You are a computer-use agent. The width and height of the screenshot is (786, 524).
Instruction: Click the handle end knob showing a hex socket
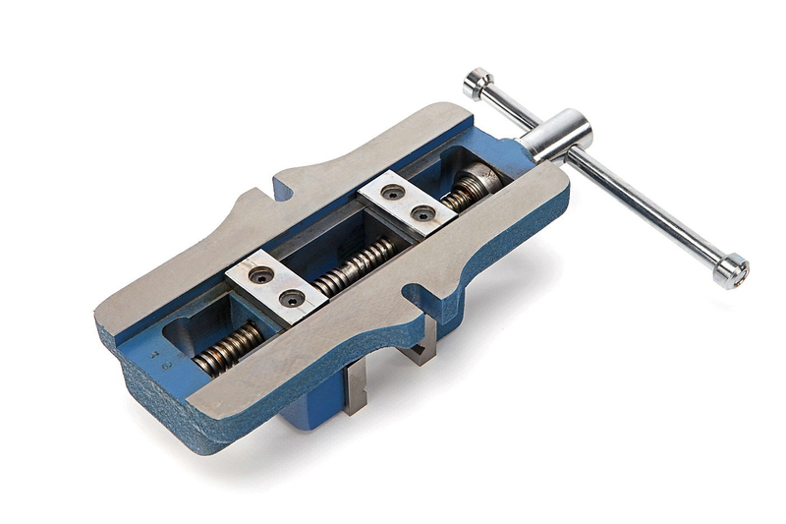pos(731,270)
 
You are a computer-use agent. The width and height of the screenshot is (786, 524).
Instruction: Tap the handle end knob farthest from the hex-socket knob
pos(478,83)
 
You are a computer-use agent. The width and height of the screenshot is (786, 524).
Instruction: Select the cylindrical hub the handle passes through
pos(558,135)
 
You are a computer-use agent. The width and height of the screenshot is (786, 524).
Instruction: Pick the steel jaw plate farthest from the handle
pos(275,285)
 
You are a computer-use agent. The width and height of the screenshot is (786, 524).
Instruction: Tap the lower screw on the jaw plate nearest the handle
pos(421,213)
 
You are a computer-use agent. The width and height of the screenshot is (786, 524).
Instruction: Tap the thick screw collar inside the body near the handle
pos(477,185)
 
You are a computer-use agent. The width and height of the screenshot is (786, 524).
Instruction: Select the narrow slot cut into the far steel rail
pos(266,188)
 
